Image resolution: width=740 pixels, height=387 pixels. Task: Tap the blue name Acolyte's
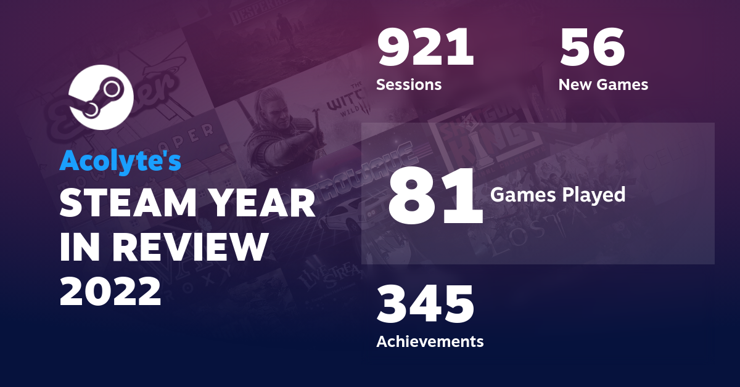(x=120, y=161)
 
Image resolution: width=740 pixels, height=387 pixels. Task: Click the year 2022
(x=110, y=291)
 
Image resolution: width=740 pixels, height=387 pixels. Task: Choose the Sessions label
(x=409, y=84)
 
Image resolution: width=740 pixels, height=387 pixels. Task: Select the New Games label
(x=603, y=84)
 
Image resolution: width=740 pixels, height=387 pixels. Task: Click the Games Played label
(x=557, y=195)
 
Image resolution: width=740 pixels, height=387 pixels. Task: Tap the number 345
(x=425, y=304)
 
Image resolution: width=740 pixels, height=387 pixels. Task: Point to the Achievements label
(x=430, y=341)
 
